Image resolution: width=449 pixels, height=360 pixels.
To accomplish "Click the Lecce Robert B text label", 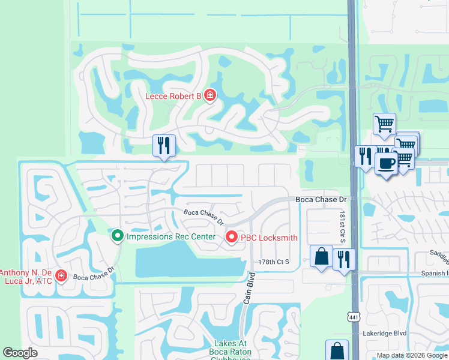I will (173, 96).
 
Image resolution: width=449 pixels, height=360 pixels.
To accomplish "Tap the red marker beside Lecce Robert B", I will (209, 95).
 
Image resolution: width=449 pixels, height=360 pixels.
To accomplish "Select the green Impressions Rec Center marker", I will (118, 236).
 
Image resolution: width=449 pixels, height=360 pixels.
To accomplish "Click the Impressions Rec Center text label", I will (170, 236).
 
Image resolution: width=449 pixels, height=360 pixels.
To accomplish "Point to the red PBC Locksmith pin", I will (232, 238).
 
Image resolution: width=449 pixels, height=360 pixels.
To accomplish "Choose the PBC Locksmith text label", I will (269, 238).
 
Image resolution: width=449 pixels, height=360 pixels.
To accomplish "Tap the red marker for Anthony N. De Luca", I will (61, 275).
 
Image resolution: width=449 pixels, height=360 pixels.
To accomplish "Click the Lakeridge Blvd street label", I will (385, 333).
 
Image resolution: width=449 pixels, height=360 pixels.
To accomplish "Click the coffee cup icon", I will (385, 163).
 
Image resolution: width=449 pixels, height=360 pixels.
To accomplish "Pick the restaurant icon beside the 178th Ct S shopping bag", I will (344, 259).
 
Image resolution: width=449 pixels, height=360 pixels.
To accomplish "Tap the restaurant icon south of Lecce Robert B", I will (163, 145).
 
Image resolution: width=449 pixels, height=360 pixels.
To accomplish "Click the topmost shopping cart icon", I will (384, 124).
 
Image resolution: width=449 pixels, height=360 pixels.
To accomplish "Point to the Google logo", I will (20, 353).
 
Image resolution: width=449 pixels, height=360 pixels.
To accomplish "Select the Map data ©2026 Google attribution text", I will (411, 355).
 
